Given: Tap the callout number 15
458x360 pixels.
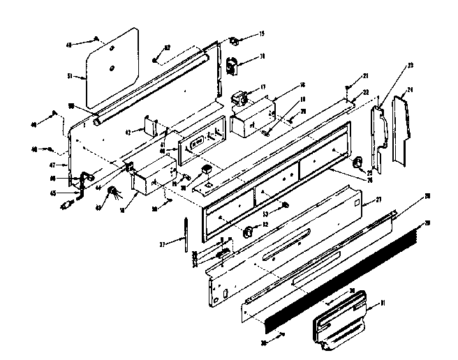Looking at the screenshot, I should click(262, 33).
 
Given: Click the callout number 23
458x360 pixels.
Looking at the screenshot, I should click(411, 66).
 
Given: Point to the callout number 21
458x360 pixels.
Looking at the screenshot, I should click(365, 75).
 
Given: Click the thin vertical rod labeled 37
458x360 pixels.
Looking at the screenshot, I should click(185, 235).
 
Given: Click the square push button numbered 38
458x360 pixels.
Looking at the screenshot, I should click(205, 170).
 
